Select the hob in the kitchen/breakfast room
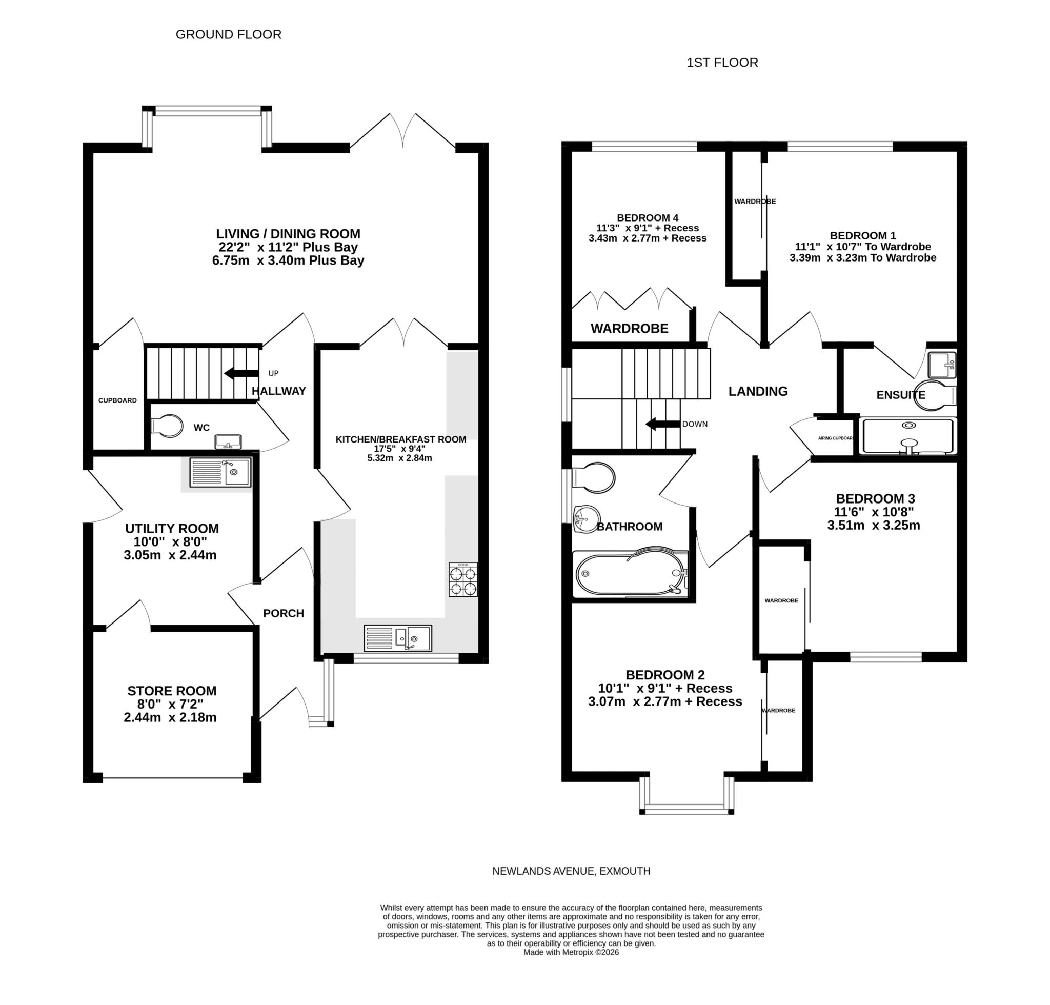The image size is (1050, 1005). [x=463, y=579]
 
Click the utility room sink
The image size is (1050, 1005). [x=220, y=472]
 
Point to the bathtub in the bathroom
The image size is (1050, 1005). [x=630, y=574]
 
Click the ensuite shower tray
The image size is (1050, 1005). [x=907, y=436]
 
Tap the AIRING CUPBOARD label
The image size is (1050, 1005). [x=836, y=438]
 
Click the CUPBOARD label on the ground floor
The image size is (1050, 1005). [x=117, y=400]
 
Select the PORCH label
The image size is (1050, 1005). [x=284, y=613]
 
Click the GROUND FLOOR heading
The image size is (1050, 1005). [x=228, y=34]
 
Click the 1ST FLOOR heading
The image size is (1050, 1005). [x=722, y=63]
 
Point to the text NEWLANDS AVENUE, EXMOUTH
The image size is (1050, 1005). [x=571, y=871]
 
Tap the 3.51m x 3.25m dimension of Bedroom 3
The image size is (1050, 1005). [x=873, y=526]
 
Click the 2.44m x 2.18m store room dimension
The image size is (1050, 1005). [x=170, y=717]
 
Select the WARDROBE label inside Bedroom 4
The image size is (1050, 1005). [x=630, y=328]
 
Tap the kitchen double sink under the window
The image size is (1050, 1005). [x=397, y=638]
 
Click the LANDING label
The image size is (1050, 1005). [x=757, y=391]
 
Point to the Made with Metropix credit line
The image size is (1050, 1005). [x=571, y=952]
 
